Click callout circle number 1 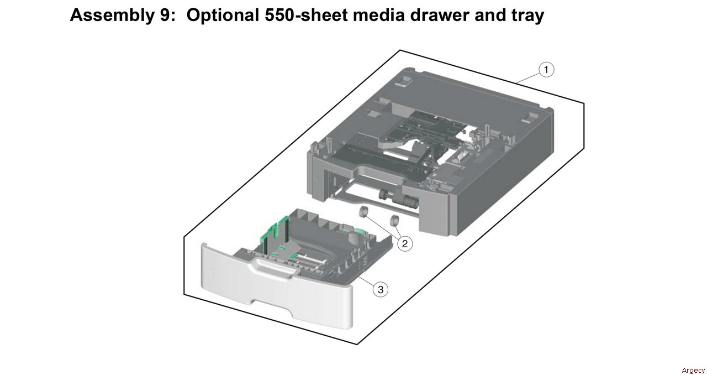546,70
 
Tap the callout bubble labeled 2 405,243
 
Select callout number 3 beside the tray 380,289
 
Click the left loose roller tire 363,213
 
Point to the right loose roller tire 394,221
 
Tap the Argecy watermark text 693,370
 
